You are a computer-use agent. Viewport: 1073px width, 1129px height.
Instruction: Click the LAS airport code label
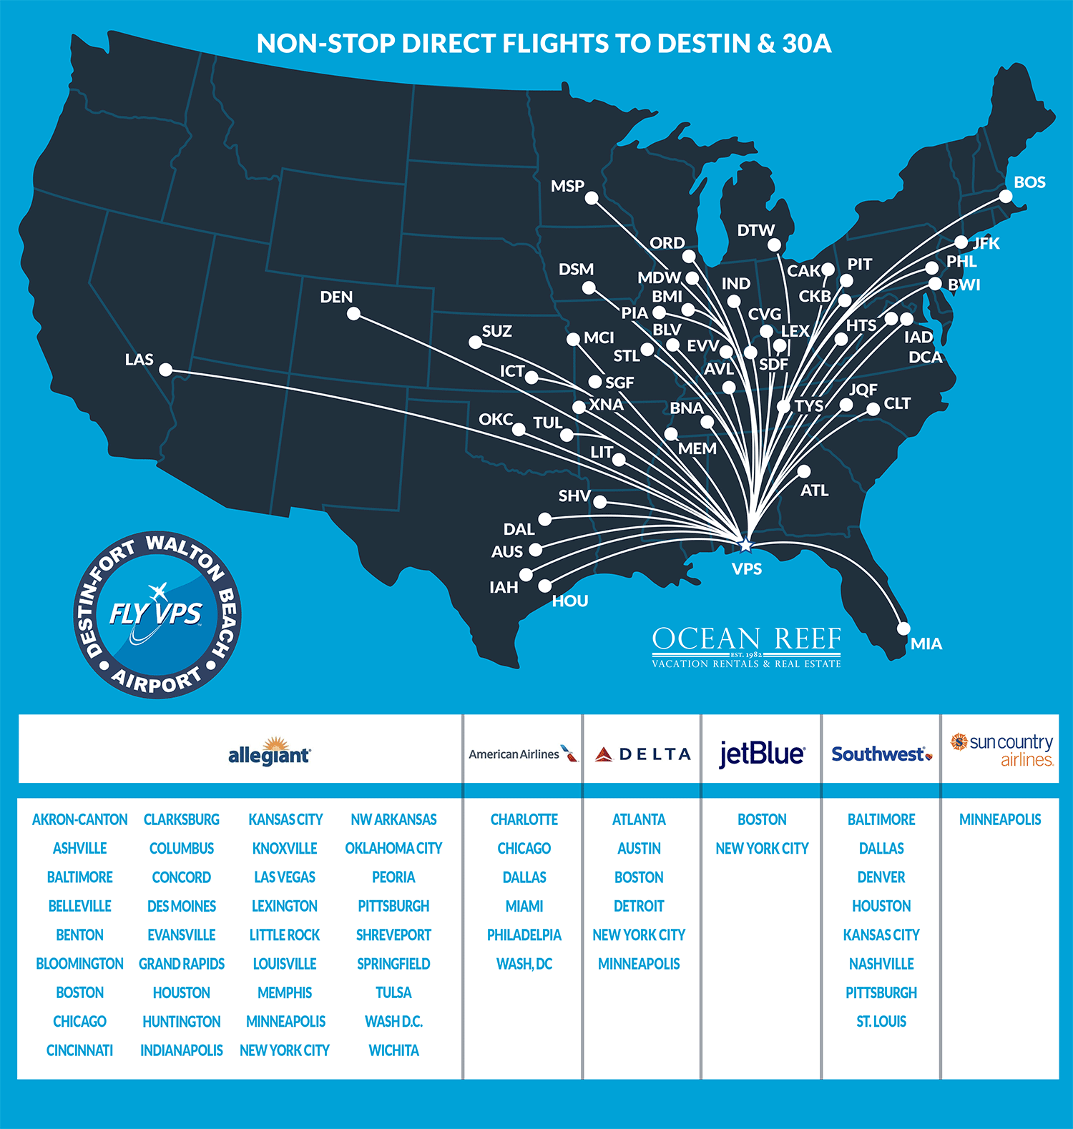[139, 359]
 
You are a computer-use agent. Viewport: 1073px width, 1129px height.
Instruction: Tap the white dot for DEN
[353, 313]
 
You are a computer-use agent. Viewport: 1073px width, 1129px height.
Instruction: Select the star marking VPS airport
[745, 545]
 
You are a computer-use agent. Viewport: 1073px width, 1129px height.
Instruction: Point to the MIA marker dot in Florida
[903, 628]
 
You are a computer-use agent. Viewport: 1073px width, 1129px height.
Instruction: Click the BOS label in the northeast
[1029, 182]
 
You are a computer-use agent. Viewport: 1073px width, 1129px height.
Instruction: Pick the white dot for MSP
[592, 198]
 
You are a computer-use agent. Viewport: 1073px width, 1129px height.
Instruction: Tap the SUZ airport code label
[496, 331]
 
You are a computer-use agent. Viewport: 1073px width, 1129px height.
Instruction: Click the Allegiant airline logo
[269, 752]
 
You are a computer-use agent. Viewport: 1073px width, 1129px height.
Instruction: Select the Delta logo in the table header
[642, 754]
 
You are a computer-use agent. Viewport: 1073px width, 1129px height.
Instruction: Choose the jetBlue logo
[762, 754]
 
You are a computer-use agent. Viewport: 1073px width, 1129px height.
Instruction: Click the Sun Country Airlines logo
[1001, 750]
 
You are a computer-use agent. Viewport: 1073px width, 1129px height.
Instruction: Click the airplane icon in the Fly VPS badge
[158, 591]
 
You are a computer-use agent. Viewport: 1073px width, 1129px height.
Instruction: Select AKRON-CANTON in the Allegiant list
[79, 819]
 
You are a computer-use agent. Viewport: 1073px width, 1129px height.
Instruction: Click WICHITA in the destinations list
[393, 1050]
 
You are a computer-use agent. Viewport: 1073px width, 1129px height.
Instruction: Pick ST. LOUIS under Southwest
[881, 1022]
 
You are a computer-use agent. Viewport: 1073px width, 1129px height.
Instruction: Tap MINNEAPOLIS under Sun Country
[1000, 819]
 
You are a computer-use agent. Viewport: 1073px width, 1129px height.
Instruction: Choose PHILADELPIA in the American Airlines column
[524, 935]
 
